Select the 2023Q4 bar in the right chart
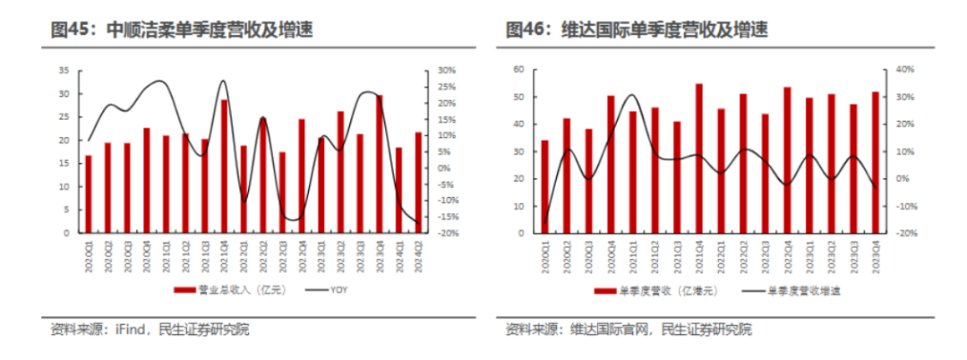[x=875, y=162]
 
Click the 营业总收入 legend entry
[x=225, y=289]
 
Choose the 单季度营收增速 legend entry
[x=804, y=290]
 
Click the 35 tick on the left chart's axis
[x=64, y=70]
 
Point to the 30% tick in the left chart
[x=446, y=70]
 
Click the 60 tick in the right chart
[x=518, y=69]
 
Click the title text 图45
[x=73, y=30]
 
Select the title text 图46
[x=526, y=30]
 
